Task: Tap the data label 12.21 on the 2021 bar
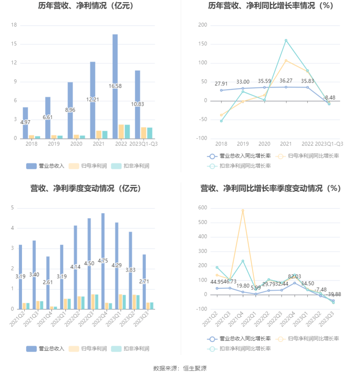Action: pos(92,99)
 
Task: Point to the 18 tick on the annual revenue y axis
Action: pos(14,25)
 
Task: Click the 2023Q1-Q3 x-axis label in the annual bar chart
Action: pos(143,144)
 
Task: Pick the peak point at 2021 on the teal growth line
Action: pos(286,40)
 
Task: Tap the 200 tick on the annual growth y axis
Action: pos(203,25)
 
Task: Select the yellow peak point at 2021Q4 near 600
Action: pos(243,210)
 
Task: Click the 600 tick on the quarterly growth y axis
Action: pos(203,208)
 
